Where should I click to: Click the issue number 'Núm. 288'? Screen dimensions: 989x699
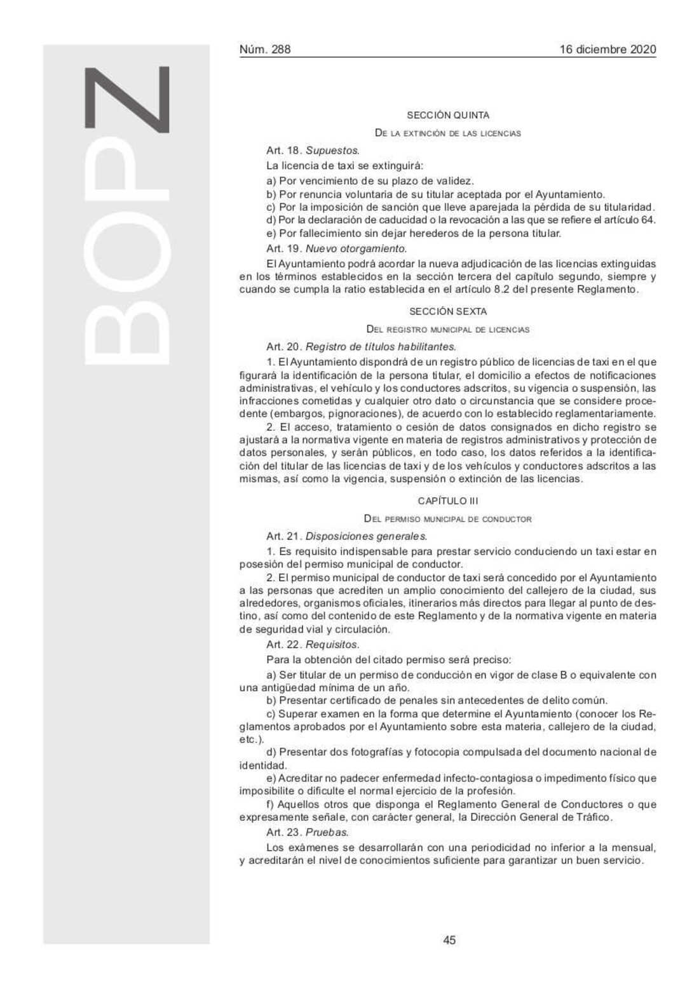click(264, 50)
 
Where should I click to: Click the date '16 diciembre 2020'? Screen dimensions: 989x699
click(607, 50)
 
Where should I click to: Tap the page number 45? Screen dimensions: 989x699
click(449, 940)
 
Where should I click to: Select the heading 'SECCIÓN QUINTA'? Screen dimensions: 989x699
click(448, 115)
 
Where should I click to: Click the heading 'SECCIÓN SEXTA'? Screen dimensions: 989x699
click(448, 311)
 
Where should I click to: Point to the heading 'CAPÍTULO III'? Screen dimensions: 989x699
click(448, 501)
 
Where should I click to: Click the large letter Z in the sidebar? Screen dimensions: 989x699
click(127, 100)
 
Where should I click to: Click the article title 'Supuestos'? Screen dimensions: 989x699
click(332, 151)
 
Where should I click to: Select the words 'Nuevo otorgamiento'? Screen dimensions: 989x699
click(356, 248)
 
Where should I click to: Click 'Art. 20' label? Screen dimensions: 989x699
click(283, 347)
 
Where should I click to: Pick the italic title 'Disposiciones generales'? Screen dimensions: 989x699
click(366, 536)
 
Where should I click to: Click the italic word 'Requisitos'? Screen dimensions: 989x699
click(332, 645)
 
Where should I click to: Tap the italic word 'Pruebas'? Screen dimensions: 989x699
click(327, 832)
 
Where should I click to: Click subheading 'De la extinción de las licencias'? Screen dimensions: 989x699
click(448, 133)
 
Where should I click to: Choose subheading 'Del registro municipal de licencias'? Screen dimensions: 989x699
click(448, 329)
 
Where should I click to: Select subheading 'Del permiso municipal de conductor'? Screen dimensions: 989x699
click(448, 519)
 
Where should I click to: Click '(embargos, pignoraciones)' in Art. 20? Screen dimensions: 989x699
click(324, 414)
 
